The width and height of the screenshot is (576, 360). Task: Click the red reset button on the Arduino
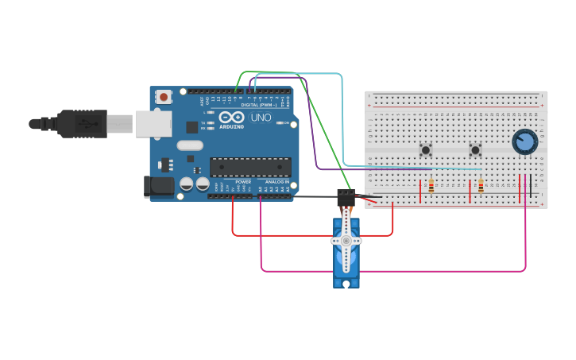coord(164,97)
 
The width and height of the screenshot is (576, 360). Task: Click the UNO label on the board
coord(261,118)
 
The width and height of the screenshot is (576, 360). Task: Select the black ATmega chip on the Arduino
coord(250,167)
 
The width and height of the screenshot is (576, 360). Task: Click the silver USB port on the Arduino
coord(153,124)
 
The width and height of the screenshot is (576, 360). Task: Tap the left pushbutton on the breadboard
coord(426,149)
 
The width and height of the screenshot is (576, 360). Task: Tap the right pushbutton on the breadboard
coord(475,149)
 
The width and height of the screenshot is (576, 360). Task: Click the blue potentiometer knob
coord(524,142)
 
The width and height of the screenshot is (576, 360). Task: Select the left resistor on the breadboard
coord(431,187)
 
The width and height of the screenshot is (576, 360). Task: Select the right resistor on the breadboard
coord(481,187)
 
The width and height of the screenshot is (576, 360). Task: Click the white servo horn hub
coord(346,240)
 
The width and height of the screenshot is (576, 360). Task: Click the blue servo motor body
coord(346,262)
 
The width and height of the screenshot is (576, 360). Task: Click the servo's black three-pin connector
coord(346,198)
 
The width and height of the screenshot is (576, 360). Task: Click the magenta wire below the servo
coord(397,271)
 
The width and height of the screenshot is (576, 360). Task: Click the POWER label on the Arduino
coord(242,182)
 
